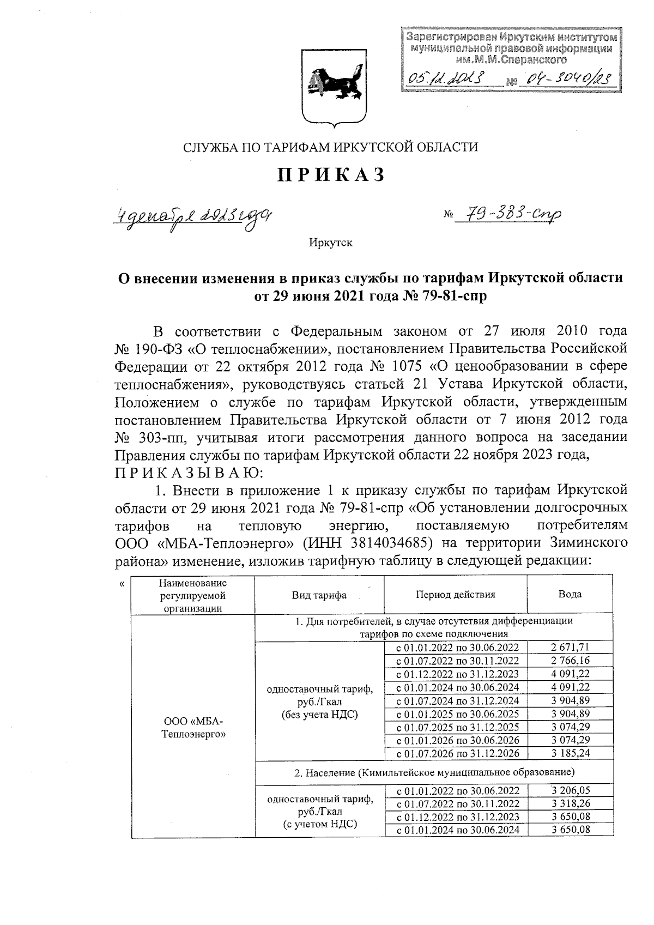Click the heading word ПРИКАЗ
tap(332, 175)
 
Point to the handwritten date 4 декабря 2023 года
tap(192, 217)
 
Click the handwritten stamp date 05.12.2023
tap(446, 81)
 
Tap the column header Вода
tap(570, 595)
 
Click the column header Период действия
tap(455, 595)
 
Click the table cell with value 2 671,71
tap(570, 648)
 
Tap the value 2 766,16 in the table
tap(570, 661)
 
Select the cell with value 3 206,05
tap(570, 790)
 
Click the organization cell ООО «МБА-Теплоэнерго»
tap(193, 727)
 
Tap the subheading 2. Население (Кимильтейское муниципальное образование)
tap(434, 772)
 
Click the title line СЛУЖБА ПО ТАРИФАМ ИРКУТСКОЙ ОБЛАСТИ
tap(330, 147)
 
